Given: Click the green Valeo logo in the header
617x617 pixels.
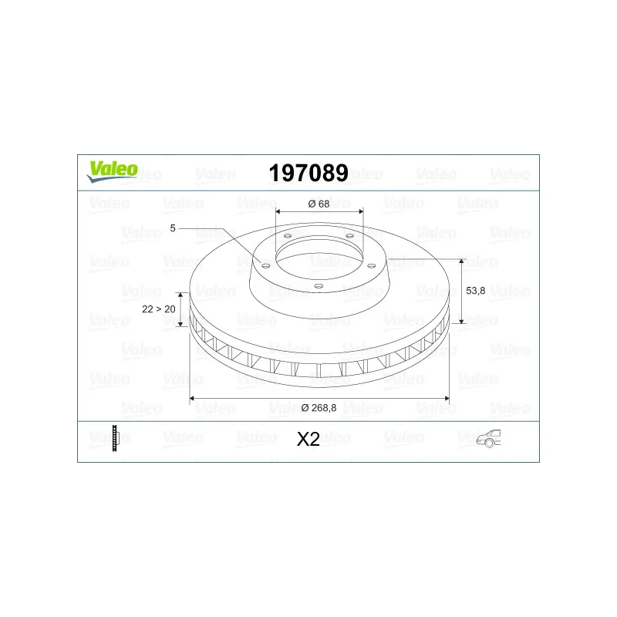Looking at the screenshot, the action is (x=113, y=171).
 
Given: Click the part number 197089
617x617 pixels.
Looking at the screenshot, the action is (x=308, y=173).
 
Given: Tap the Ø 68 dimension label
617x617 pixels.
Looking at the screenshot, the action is (x=319, y=204).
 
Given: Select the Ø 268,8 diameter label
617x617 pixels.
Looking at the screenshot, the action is (x=319, y=408).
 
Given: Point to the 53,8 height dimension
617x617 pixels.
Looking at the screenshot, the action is (x=475, y=291).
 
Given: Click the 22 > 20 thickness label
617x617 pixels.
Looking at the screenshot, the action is (x=159, y=309).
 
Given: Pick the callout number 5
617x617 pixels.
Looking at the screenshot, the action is (x=172, y=228).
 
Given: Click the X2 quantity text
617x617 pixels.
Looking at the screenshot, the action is (x=308, y=440).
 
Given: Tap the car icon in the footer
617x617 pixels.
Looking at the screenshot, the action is (x=488, y=438).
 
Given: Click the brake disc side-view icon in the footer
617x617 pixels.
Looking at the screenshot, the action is (x=115, y=438).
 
